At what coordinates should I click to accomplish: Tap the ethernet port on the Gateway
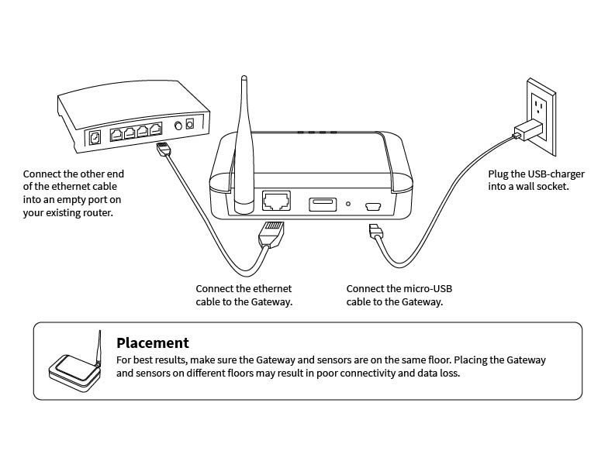(x=277, y=201)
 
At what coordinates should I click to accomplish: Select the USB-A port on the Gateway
(x=323, y=205)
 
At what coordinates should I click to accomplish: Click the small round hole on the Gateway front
(x=348, y=205)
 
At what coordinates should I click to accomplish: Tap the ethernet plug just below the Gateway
(x=271, y=232)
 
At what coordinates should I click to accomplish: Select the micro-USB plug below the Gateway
(x=375, y=232)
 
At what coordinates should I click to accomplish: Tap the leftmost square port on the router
(x=96, y=137)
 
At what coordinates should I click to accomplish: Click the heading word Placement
(x=153, y=342)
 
